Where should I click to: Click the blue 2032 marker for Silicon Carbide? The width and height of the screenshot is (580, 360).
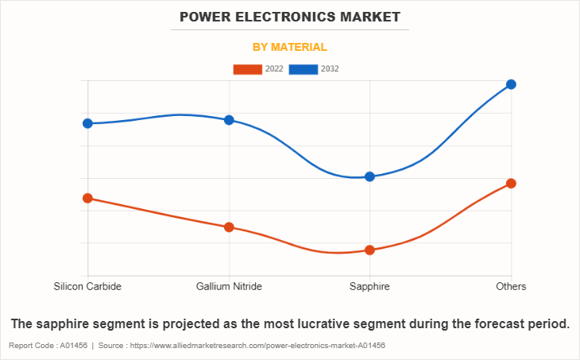pos(87,123)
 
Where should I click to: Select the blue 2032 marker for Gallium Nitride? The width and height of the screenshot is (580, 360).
pos(229,120)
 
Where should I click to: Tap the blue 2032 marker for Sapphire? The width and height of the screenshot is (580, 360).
pos(369,176)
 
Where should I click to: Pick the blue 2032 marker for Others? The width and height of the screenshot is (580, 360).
pos(511,84)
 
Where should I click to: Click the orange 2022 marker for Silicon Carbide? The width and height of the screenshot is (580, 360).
pos(87,198)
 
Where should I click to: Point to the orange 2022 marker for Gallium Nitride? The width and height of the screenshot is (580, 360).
pos(229,227)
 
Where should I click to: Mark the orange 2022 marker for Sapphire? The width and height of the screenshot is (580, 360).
pos(369,250)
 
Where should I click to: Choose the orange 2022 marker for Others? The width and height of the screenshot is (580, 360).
pos(511,184)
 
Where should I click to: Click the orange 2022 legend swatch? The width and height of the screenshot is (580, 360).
pos(247,69)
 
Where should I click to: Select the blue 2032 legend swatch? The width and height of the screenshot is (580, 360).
pos(304,69)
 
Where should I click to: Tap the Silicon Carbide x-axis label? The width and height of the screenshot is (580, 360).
pos(87,286)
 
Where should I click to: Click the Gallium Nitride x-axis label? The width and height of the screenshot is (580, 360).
pos(229,286)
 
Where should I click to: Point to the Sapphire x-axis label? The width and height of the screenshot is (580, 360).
pos(369,286)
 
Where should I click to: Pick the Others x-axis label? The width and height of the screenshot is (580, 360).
pos(511,286)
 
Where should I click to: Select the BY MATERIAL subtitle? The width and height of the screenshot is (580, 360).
pos(290,47)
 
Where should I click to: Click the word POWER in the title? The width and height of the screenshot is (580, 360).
pos(203,16)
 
